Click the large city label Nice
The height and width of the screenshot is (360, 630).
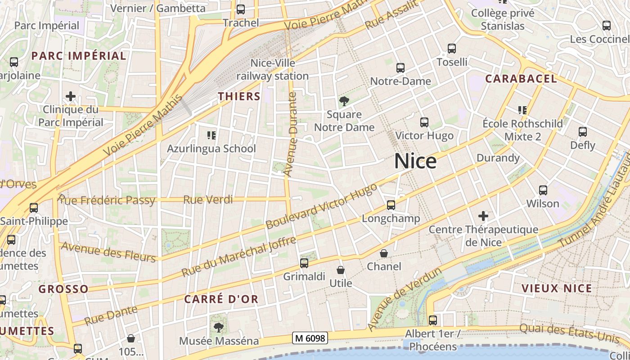415,161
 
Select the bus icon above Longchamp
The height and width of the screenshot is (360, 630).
391,205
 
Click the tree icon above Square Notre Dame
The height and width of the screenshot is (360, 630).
344,101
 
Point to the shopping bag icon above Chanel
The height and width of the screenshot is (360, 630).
384,253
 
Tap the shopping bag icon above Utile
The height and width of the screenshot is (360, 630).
341,270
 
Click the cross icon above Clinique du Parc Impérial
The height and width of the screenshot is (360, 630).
71,96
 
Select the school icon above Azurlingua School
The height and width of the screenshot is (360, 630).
211,135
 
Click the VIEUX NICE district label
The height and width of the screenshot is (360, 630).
557,288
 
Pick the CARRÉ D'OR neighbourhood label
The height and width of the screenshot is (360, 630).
221,299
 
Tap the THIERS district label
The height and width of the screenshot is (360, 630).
239,96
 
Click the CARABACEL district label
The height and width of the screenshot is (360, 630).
521,79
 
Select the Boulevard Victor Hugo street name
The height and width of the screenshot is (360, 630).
321,206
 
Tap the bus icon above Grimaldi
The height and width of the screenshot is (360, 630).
304,263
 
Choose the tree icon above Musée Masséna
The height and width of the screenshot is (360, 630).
219,327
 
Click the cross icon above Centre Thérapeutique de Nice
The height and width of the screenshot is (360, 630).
483,216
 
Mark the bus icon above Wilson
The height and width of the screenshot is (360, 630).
543,190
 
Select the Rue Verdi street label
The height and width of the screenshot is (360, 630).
208,199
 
